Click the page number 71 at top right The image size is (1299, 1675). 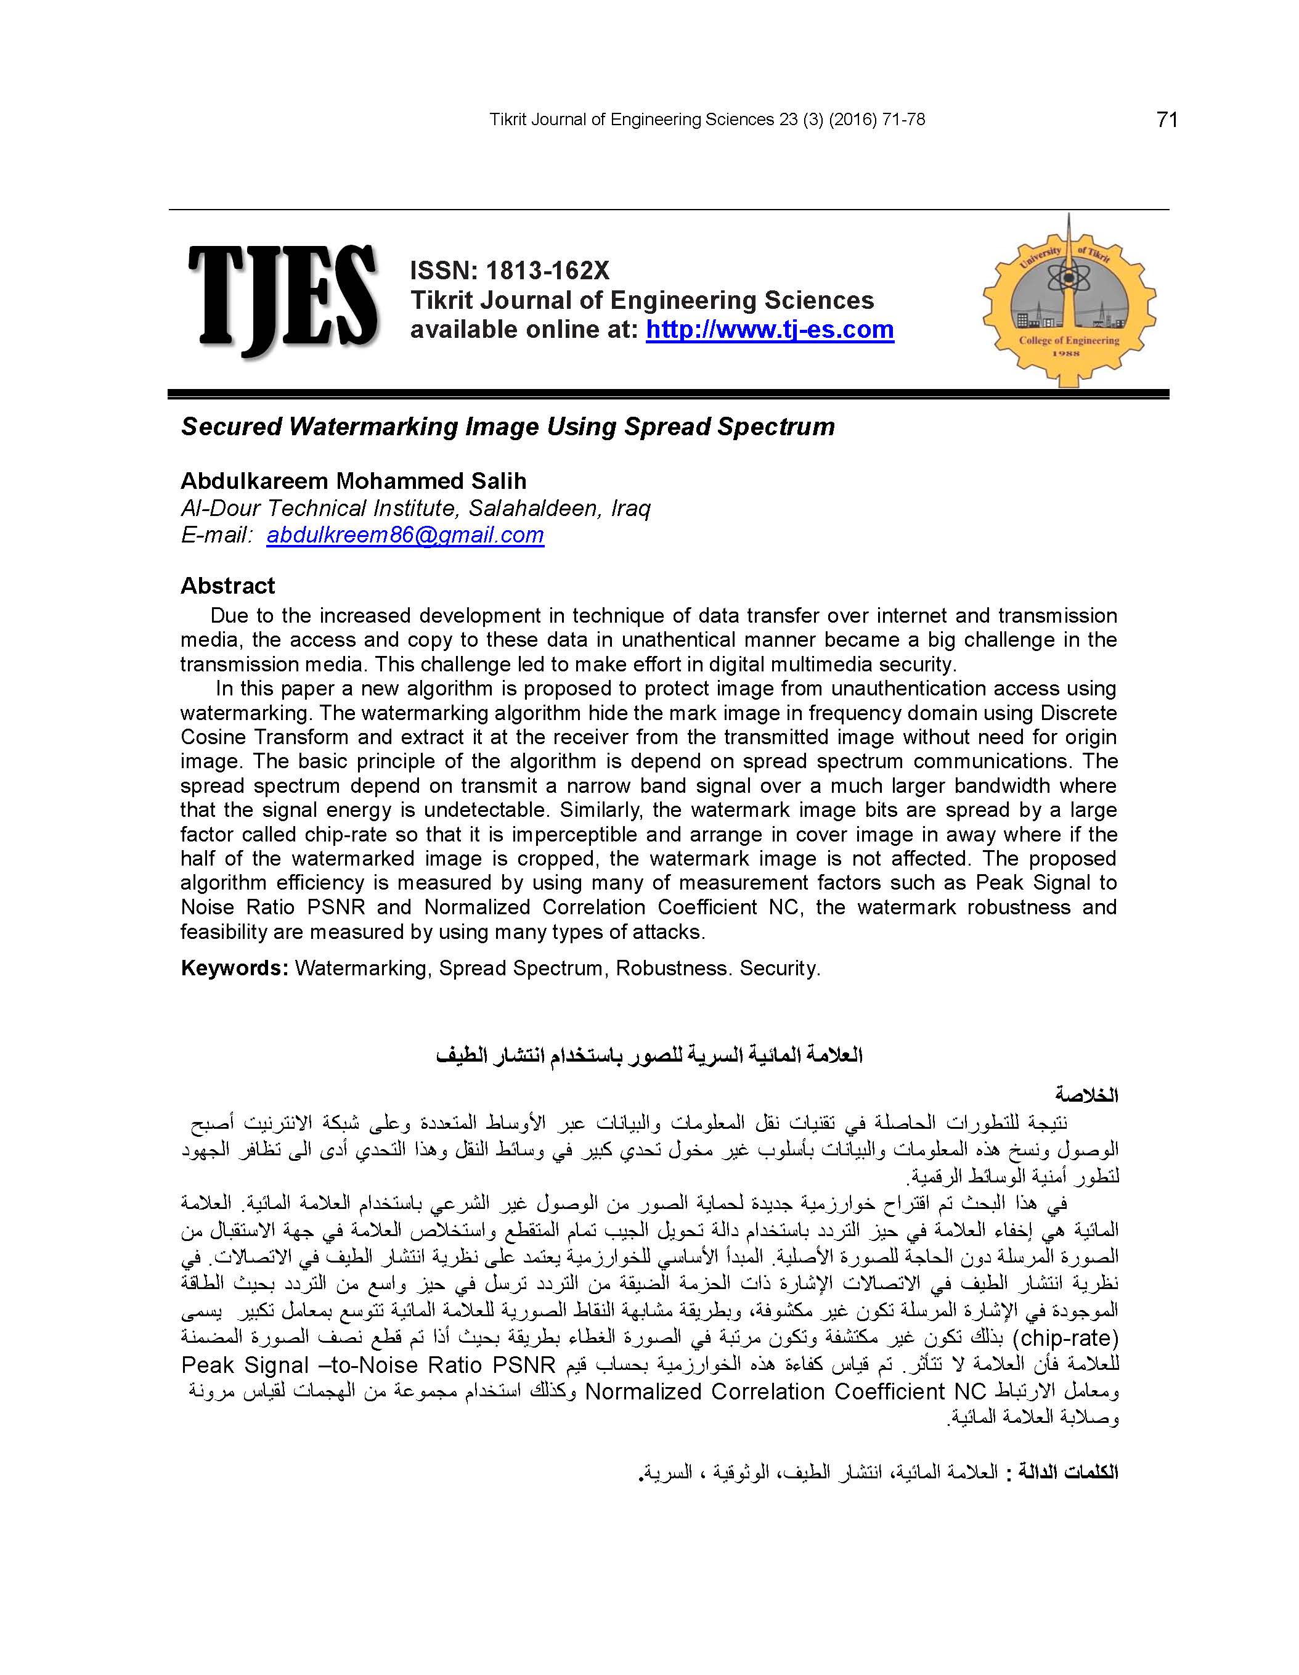tap(1167, 120)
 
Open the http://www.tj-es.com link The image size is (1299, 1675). tap(769, 330)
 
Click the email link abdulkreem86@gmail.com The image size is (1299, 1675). tap(405, 534)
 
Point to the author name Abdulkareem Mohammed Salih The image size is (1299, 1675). tap(354, 481)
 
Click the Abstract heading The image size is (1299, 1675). tap(228, 586)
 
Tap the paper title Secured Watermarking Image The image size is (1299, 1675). tap(508, 427)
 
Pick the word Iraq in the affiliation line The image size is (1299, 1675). tap(630, 508)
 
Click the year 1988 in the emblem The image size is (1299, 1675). tap(1067, 354)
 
